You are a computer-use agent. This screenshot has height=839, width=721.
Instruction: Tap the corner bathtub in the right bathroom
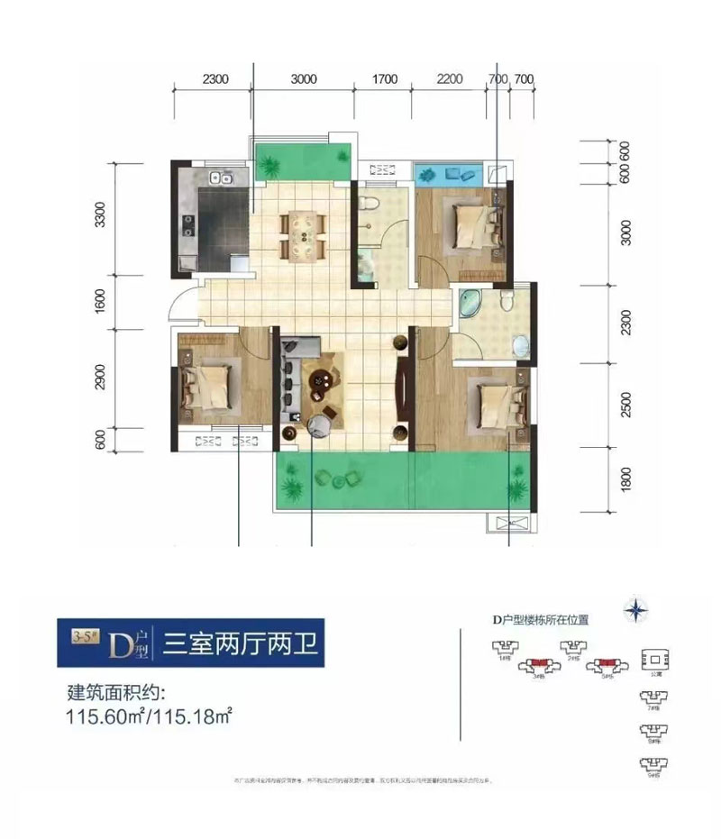pyautogui.click(x=470, y=305)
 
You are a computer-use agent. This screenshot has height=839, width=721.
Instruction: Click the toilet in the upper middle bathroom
pyautogui.click(x=367, y=206)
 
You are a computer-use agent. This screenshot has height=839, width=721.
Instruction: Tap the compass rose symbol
pyautogui.click(x=640, y=610)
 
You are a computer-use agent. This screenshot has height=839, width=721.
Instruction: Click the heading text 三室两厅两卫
pyautogui.click(x=239, y=643)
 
